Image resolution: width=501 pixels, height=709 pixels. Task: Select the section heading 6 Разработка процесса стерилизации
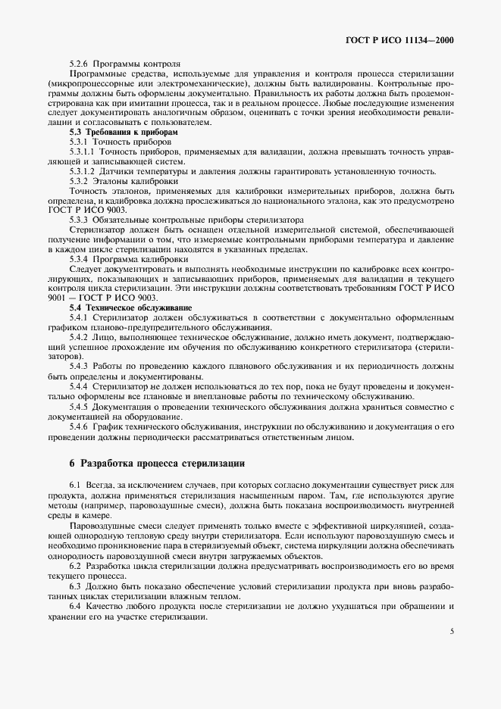click(x=146, y=462)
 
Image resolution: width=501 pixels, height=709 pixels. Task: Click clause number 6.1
click(x=75, y=484)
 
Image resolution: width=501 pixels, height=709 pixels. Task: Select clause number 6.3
click(x=75, y=587)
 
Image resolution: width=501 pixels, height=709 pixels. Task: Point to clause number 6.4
click(x=75, y=607)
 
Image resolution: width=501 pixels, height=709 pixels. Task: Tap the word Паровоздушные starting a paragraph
click(x=99, y=525)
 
